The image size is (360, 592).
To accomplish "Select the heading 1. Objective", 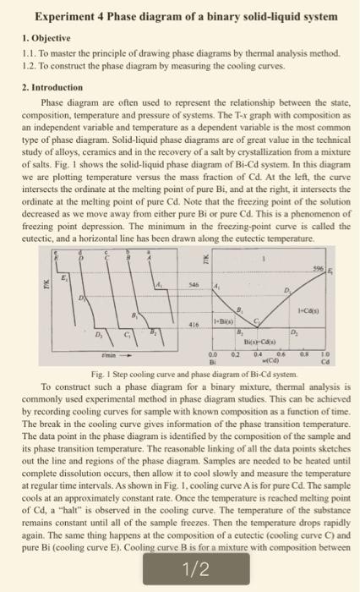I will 41,38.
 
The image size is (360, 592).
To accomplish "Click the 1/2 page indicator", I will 180,569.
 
